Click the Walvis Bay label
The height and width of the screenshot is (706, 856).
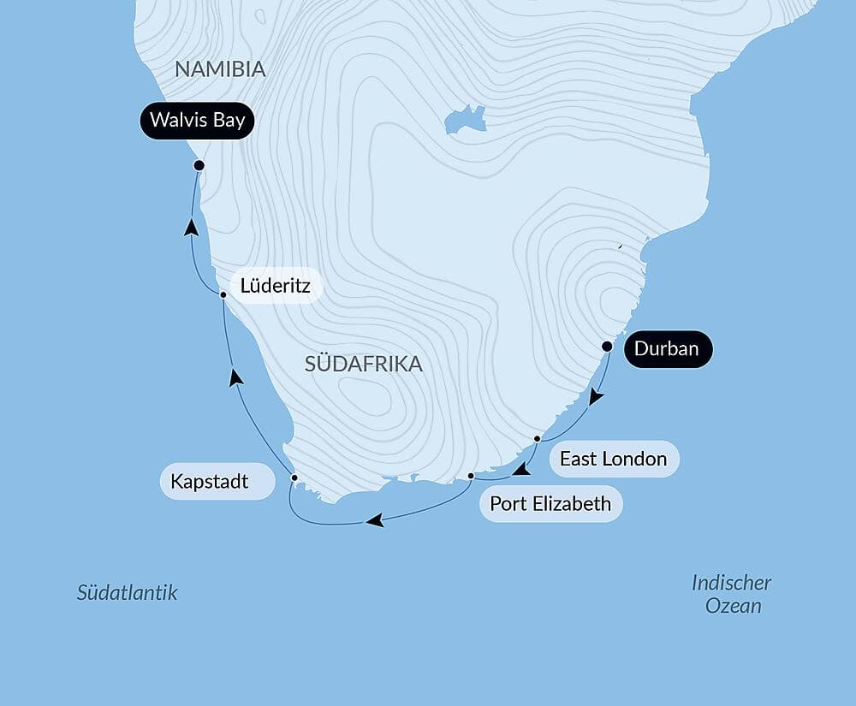click(x=197, y=120)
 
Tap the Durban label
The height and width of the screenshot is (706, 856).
click(x=668, y=349)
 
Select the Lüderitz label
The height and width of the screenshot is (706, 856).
click(x=275, y=285)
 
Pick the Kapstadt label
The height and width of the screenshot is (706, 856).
click(x=210, y=482)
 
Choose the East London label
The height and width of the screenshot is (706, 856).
click(x=613, y=459)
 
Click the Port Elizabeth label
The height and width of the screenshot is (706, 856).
click(x=550, y=503)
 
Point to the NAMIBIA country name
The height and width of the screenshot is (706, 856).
click(x=220, y=70)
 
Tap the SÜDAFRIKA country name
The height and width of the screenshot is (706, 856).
click(x=364, y=364)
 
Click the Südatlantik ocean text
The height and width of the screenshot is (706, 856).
click(x=127, y=592)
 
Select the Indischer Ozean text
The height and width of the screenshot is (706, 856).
click(x=732, y=594)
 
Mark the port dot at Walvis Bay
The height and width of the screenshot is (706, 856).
click(x=199, y=165)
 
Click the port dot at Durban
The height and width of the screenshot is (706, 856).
click(x=607, y=347)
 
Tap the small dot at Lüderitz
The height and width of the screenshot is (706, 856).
click(x=223, y=294)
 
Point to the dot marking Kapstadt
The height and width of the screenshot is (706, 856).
click(x=294, y=478)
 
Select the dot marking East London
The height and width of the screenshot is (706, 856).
click(x=537, y=439)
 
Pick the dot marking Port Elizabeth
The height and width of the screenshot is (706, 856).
click(x=472, y=476)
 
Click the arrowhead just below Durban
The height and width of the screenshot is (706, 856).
click(x=597, y=398)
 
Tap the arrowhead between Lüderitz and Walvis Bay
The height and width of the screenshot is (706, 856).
click(x=192, y=228)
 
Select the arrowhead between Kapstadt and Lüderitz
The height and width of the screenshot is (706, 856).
click(x=236, y=377)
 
